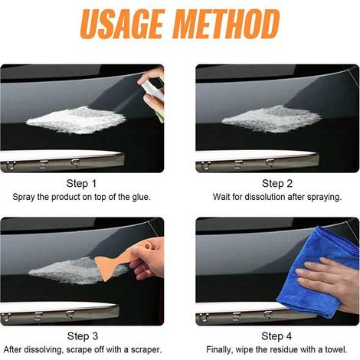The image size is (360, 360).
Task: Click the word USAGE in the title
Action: (x=122, y=24)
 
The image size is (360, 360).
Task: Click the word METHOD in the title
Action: (x=227, y=24)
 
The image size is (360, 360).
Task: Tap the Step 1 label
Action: (x=81, y=184)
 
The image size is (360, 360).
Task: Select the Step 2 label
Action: (x=277, y=184)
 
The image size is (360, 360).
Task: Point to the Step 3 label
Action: (x=83, y=336)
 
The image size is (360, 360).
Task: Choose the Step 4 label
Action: (x=277, y=336)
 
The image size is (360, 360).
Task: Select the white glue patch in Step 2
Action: (x=272, y=119)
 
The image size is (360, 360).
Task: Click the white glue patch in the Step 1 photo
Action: (x=76, y=120)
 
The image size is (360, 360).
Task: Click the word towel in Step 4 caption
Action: (x=336, y=349)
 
